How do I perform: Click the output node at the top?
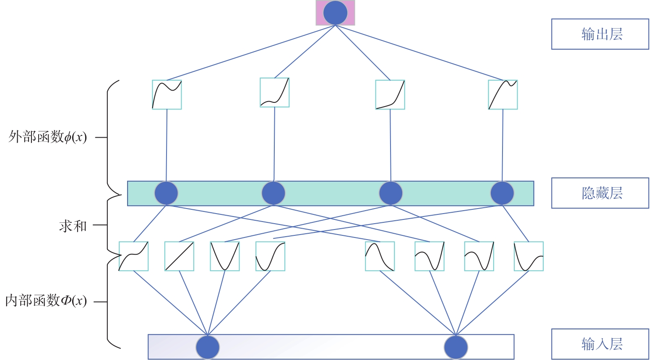tap(335, 13)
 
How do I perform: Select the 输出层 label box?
tap(600, 34)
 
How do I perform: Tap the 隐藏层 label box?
tap(600, 193)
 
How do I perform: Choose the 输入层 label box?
tap(600, 344)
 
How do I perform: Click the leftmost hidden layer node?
tap(166, 193)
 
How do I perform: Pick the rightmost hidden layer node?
tap(502, 193)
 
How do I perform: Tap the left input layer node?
tap(208, 347)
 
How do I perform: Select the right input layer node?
tap(456, 347)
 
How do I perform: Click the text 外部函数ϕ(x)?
tap(47, 137)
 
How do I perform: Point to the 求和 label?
tap(73, 226)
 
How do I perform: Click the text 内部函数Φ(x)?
tap(46, 300)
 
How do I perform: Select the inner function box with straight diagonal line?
tap(179, 256)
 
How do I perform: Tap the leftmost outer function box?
tap(167, 95)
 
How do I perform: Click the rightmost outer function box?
tap(503, 95)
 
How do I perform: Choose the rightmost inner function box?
tap(529, 256)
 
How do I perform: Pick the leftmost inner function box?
tap(133, 256)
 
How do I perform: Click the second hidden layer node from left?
tap(273, 193)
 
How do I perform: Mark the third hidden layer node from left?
tap(391, 193)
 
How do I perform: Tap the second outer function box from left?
tap(275, 92)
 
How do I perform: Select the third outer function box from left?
tap(390, 95)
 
